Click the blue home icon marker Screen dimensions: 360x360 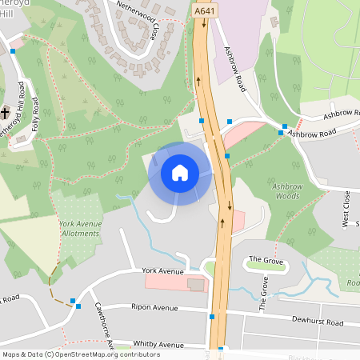(180, 173)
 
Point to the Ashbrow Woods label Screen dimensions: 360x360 (286, 190)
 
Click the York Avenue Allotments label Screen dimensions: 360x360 (80, 228)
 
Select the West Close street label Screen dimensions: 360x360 (346, 209)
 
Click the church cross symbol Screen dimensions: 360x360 (5, 113)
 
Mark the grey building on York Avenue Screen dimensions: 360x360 (195, 284)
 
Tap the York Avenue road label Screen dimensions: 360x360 (162, 272)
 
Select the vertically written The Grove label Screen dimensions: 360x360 (263, 293)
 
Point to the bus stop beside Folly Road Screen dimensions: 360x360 (14, 51)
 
